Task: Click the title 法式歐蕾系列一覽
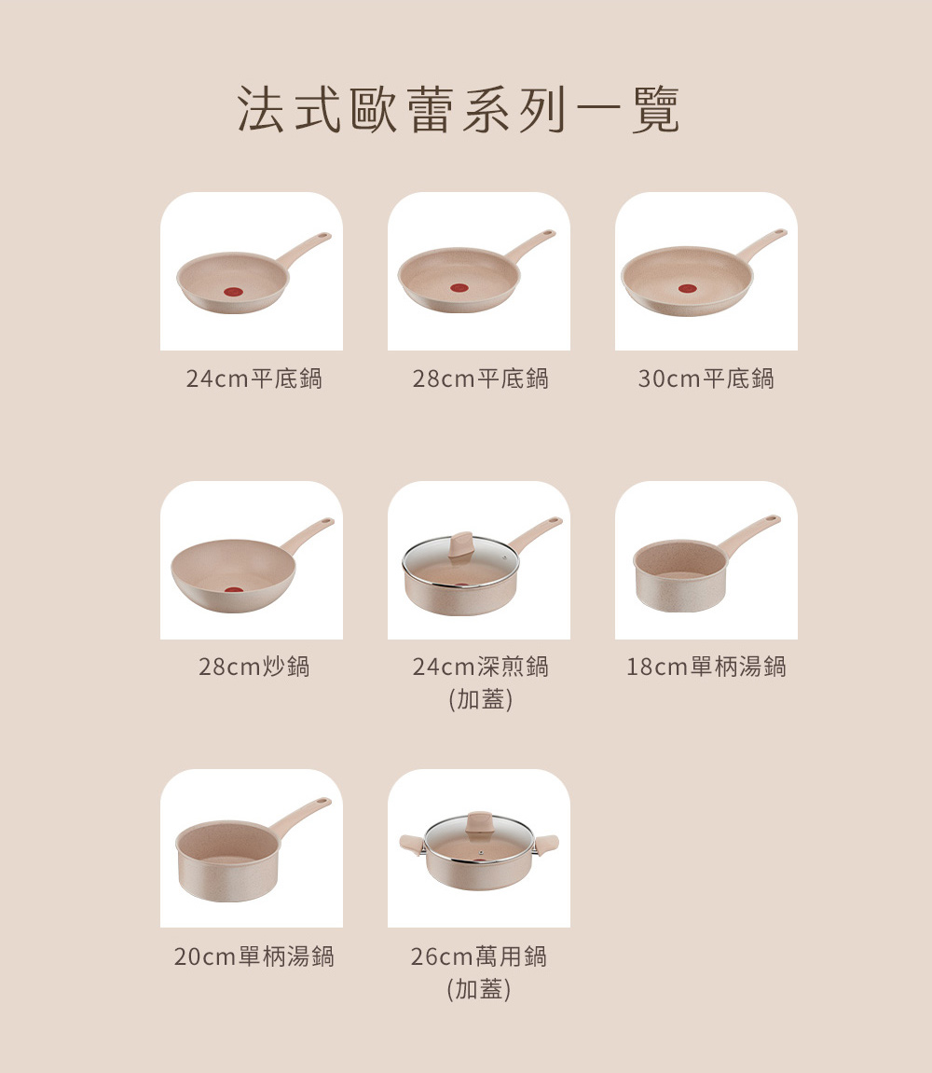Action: click(x=459, y=109)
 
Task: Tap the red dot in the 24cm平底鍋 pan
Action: click(x=233, y=292)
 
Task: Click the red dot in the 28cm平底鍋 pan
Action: click(x=459, y=287)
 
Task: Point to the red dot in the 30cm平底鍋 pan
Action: click(x=687, y=288)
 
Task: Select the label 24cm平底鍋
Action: click(x=254, y=378)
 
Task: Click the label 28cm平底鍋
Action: click(x=480, y=378)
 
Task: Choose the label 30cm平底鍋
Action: click(x=706, y=378)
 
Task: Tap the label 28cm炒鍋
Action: click(x=254, y=667)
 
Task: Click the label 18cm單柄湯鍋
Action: click(x=706, y=667)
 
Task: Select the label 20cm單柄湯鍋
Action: click(x=254, y=956)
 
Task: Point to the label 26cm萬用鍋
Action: click(x=479, y=956)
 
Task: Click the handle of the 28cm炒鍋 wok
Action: click(x=308, y=535)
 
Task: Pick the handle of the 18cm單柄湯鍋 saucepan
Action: click(x=750, y=533)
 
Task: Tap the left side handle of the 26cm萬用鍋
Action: click(x=412, y=844)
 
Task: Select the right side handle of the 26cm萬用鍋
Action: click(x=546, y=845)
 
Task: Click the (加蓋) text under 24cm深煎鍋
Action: click(x=480, y=699)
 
